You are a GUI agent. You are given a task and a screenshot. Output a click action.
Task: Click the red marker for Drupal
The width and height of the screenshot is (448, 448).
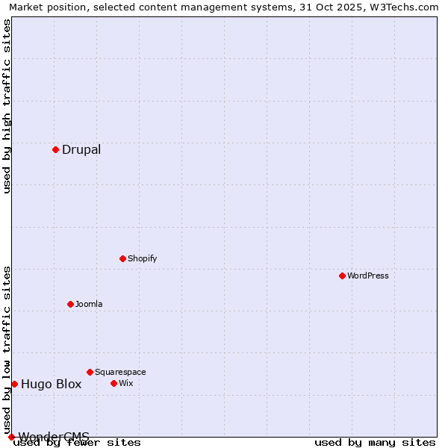click(55, 149)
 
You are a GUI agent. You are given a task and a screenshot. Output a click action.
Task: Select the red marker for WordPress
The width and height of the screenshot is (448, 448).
click(342, 276)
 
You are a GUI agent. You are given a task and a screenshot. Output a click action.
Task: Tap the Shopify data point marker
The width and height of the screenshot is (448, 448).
click(122, 258)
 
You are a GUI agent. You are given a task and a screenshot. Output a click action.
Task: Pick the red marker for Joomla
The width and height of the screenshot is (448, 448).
click(70, 304)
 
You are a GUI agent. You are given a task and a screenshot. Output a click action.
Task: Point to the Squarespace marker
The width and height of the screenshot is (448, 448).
click(90, 372)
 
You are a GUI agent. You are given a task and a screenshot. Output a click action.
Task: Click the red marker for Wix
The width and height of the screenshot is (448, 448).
click(113, 383)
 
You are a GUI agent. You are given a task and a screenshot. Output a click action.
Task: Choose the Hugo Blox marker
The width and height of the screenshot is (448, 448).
click(14, 384)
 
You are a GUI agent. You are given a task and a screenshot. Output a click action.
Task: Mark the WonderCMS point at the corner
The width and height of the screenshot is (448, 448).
click(11, 437)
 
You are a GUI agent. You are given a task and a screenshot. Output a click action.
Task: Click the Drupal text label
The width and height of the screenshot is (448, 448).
click(81, 149)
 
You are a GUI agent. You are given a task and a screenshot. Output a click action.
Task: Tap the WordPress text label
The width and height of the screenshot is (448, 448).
click(368, 276)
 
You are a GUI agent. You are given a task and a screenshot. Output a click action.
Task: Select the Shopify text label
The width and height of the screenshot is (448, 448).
click(143, 258)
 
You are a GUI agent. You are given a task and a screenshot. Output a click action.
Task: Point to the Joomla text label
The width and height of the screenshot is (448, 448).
click(89, 304)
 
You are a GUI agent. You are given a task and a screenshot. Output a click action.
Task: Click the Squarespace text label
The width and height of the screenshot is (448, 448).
click(120, 372)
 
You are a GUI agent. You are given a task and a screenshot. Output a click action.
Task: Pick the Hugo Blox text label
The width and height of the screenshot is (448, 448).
click(52, 385)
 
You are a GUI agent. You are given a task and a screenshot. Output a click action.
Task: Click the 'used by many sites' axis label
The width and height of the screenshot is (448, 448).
click(375, 443)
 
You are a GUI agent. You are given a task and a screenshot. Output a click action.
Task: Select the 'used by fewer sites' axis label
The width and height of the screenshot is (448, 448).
click(78, 443)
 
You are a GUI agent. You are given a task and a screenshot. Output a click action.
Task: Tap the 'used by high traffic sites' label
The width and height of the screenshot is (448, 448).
click(7, 106)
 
